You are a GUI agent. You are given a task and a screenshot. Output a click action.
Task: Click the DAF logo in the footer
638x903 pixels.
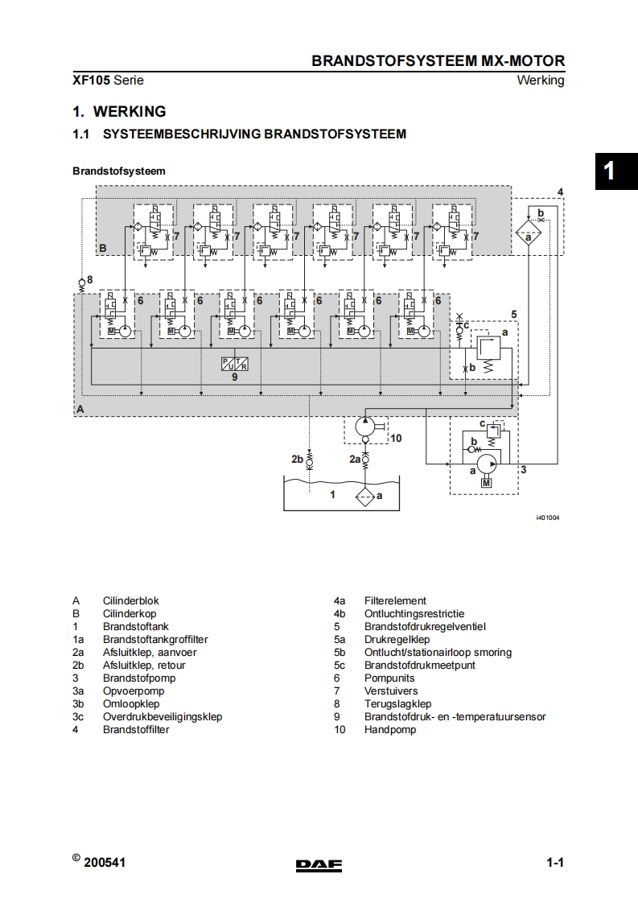point(319,865)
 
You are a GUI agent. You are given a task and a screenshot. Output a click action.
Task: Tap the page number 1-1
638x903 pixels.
point(554,864)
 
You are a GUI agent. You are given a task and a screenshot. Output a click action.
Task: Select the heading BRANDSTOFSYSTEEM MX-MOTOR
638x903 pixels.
point(438,61)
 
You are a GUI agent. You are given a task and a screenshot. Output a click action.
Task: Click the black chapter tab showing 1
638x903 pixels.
point(609,171)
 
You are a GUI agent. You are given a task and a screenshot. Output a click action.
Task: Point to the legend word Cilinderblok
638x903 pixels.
point(131,600)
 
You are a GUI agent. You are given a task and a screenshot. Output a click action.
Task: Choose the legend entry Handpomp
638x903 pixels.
point(390,729)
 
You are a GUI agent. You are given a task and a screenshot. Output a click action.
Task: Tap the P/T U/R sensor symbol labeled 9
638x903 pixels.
point(235,363)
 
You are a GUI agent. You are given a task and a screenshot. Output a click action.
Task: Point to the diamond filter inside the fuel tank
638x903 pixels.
point(365,496)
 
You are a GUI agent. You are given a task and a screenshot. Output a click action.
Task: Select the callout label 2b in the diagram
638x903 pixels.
point(297,459)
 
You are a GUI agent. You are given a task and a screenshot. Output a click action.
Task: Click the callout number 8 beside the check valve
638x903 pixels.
point(90,279)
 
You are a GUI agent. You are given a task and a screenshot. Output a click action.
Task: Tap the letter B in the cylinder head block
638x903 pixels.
point(102,248)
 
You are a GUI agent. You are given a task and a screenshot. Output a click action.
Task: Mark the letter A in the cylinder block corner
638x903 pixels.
point(80,409)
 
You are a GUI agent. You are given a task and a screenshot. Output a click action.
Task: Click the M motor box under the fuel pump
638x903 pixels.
point(486,482)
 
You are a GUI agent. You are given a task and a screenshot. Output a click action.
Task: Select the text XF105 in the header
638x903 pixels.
point(91,80)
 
